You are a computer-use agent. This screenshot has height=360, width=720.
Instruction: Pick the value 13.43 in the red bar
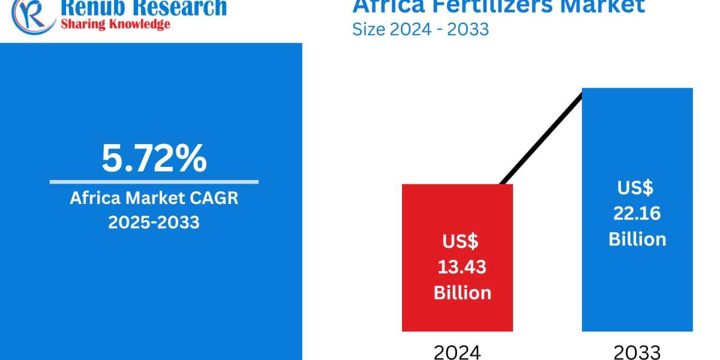pos(462,267)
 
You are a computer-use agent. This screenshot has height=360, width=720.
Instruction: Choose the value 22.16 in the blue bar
pos(637,214)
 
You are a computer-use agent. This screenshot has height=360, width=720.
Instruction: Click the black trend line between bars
pos(540,138)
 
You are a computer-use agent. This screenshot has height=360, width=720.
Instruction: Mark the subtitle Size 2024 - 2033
pos(420,28)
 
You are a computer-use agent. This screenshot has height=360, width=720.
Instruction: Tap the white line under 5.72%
pos(154,182)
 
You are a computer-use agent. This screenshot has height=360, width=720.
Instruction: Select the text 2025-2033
pos(154,222)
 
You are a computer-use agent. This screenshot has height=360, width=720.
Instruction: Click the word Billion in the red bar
pos(462,292)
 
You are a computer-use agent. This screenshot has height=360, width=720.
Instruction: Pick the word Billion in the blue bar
pos(637,239)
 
